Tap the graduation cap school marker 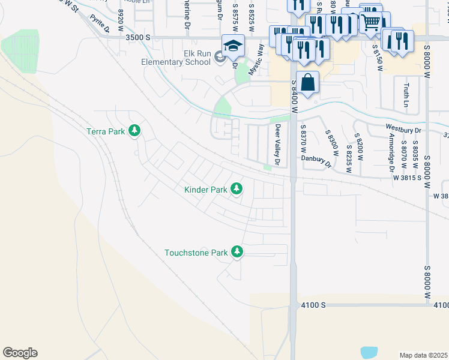coord(234,46)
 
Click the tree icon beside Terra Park coord(136,131)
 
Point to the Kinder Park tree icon coord(237,190)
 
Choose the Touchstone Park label coord(196,253)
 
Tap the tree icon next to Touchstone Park coord(238,252)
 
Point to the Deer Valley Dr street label coord(277,145)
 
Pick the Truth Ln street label coord(406,95)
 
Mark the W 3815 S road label coord(409,178)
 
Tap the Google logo coord(20,353)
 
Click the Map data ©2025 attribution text coord(423,355)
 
